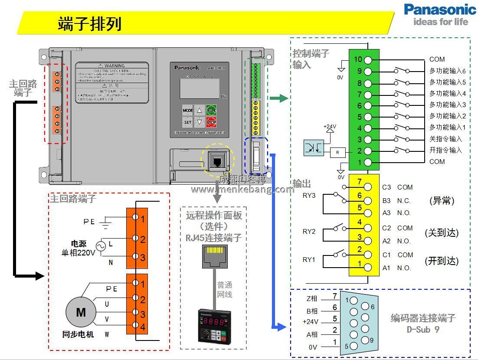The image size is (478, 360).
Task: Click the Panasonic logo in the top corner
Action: (440, 14)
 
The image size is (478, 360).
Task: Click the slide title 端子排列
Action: (89, 24)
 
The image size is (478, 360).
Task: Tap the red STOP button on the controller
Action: (211, 122)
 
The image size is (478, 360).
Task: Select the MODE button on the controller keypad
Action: (187, 110)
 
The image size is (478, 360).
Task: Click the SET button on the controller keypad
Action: (187, 122)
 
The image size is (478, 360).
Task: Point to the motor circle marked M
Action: (81, 312)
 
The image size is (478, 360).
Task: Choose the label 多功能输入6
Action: (447, 71)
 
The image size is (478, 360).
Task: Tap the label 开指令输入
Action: (445, 151)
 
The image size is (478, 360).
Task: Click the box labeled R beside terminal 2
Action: (337, 152)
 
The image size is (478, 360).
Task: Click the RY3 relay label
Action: (309, 196)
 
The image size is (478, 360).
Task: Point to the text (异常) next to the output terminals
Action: (442, 200)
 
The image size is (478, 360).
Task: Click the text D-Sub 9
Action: (423, 329)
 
